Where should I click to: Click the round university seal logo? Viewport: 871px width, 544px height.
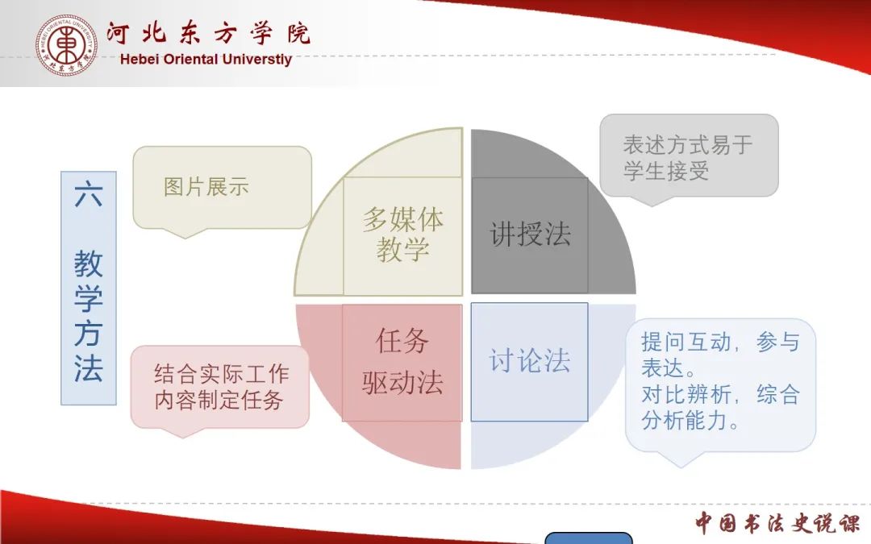point(67,45)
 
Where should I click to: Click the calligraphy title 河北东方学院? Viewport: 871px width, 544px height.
point(208,33)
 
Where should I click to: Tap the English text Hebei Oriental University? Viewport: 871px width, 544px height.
point(206,59)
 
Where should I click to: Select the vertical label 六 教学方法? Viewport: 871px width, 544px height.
point(89,288)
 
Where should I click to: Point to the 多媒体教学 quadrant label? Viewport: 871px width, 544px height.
point(402,235)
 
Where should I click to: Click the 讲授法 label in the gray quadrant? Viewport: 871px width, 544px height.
point(530,234)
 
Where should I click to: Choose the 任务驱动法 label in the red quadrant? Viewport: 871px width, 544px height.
point(402,361)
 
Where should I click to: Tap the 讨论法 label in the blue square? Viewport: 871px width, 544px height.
point(529,361)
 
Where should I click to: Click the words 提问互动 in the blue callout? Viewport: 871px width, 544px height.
point(686,342)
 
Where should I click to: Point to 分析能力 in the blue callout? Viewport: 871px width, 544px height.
point(685,421)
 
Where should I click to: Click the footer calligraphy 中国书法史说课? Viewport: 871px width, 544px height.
point(777,523)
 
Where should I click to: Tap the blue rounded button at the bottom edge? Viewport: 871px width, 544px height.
point(588,538)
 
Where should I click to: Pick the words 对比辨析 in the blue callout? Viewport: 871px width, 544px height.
point(686,395)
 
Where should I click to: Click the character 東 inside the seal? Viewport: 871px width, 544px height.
point(67,45)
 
